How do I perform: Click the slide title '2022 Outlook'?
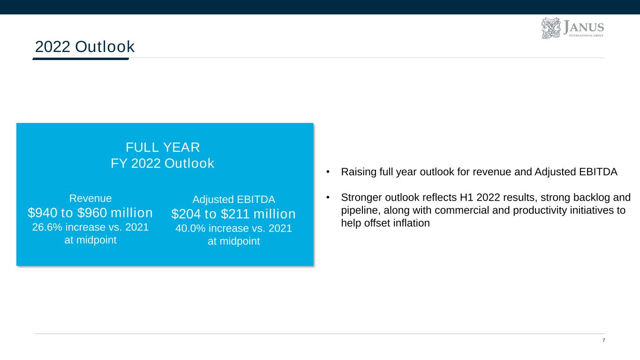84,46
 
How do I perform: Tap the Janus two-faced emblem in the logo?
551,28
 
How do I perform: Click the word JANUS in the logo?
583,27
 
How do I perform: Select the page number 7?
604,340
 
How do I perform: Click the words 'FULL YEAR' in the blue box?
163,148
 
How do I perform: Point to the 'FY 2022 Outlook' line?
162,164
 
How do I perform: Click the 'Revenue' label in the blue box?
90,198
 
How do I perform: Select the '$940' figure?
42,212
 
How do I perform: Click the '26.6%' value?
47,227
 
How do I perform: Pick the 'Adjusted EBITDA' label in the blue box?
233,199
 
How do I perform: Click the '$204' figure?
186,214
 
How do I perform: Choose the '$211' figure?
235,214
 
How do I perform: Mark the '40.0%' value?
190,228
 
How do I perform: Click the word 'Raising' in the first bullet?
359,172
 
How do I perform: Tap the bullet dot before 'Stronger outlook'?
328,197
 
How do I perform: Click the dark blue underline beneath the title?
81,59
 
